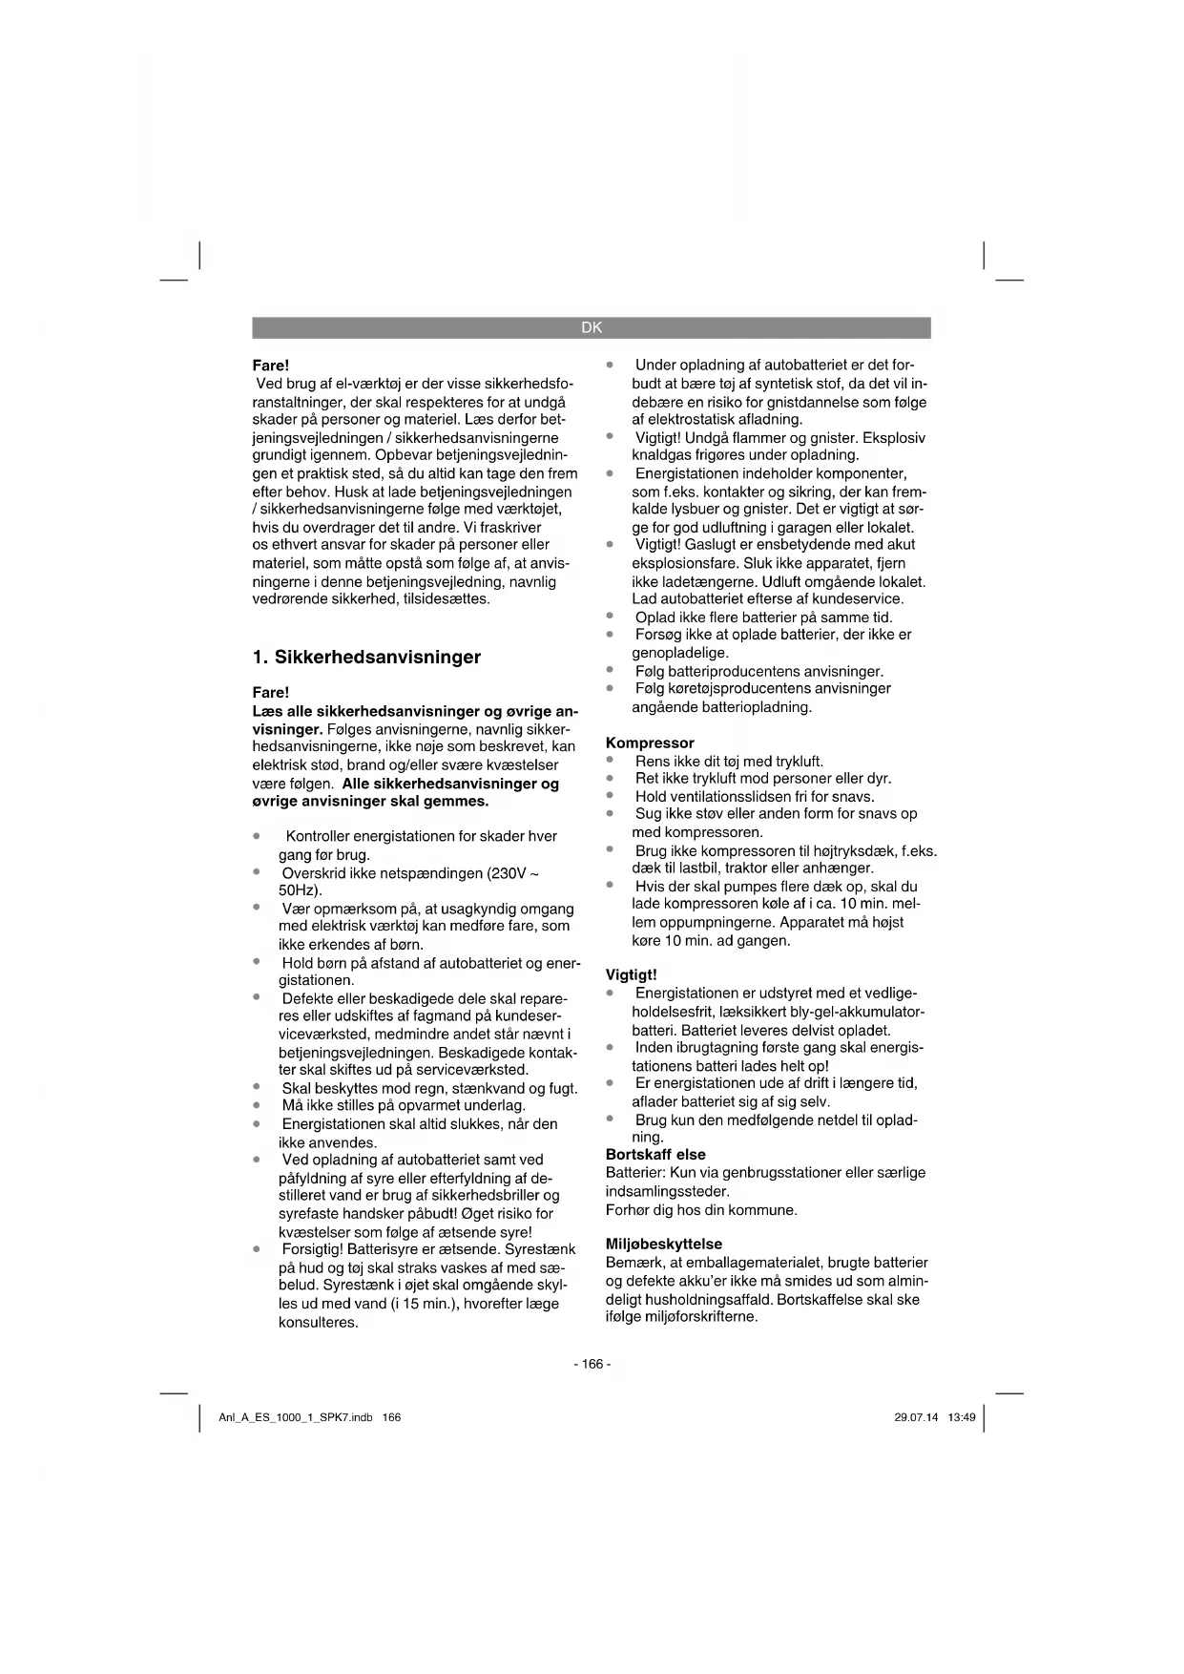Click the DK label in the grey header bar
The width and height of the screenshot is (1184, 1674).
pyautogui.click(x=592, y=327)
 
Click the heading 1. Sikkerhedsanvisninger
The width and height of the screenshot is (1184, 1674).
pyautogui.click(x=366, y=657)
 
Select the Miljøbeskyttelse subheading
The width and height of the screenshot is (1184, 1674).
pyautogui.click(x=664, y=1244)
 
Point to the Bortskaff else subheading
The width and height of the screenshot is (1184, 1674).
pyautogui.click(x=655, y=1155)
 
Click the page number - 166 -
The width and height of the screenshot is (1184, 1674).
pyautogui.click(x=592, y=1364)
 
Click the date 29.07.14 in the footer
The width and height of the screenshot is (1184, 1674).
pyautogui.click(x=916, y=1417)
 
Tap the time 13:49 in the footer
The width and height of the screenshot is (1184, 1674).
pyautogui.click(x=962, y=1417)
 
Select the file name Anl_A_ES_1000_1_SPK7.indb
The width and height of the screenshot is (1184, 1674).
pyautogui.click(x=296, y=1417)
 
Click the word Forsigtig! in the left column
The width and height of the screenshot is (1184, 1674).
pyautogui.click(x=312, y=1249)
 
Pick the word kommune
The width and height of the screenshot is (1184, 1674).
pyautogui.click(x=764, y=1209)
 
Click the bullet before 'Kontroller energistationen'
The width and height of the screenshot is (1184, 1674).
pyautogui.click(x=257, y=835)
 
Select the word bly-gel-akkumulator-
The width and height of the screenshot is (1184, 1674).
pyautogui.click(x=839, y=1012)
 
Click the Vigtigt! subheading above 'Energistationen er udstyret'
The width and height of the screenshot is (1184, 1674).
pyautogui.click(x=632, y=974)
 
